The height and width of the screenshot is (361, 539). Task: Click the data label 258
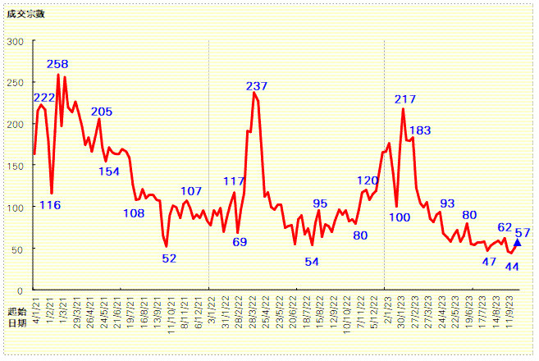tap(57, 64)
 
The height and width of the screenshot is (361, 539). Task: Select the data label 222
tap(44, 98)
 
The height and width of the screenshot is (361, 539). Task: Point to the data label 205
tap(102, 112)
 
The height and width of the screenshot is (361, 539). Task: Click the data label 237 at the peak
tap(257, 86)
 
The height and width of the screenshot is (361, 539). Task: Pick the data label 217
tap(405, 99)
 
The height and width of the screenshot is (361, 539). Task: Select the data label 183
tap(420, 130)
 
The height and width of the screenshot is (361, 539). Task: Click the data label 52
tap(169, 258)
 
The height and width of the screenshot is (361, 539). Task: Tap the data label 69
tap(240, 242)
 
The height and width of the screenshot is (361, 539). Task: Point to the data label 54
tap(312, 262)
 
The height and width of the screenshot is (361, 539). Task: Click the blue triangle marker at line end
tap(517, 242)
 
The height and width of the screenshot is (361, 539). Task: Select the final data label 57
tap(523, 232)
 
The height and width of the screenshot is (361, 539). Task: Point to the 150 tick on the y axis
tap(16, 166)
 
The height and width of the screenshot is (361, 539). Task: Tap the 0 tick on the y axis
tap(20, 290)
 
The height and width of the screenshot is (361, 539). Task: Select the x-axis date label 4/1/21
tap(34, 306)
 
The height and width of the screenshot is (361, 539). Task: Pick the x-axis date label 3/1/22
tap(209, 306)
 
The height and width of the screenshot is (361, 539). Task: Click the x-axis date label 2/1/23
tap(385, 306)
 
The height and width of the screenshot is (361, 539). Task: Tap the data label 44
tap(512, 266)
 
